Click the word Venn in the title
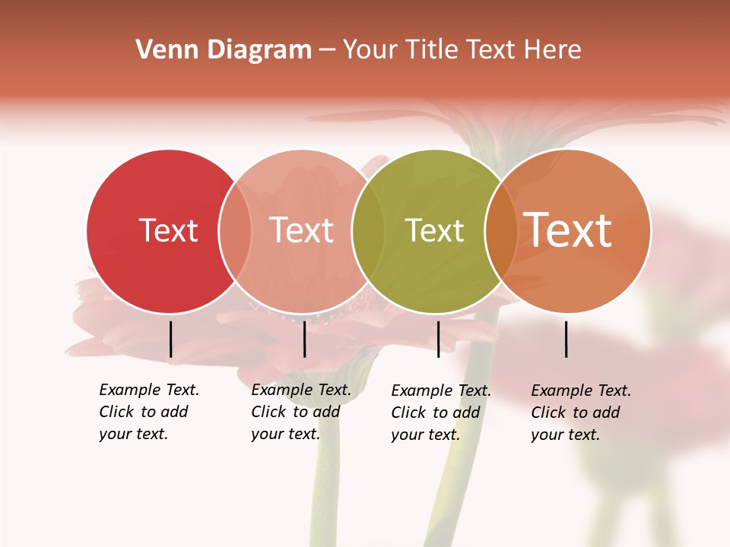[163, 49]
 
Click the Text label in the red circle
[168, 230]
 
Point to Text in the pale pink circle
[302, 230]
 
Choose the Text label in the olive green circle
[434, 230]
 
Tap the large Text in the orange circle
[568, 229]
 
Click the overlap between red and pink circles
[235, 230]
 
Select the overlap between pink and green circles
[367, 230]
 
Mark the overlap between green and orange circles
[500, 230]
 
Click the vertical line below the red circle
[170, 339]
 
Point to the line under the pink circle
[304, 339]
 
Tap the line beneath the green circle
[438, 339]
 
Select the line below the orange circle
[567, 339]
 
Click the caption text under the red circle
[148, 412]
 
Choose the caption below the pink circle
[300, 412]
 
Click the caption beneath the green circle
[440, 413]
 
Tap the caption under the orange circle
[580, 413]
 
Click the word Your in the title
[371, 49]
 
